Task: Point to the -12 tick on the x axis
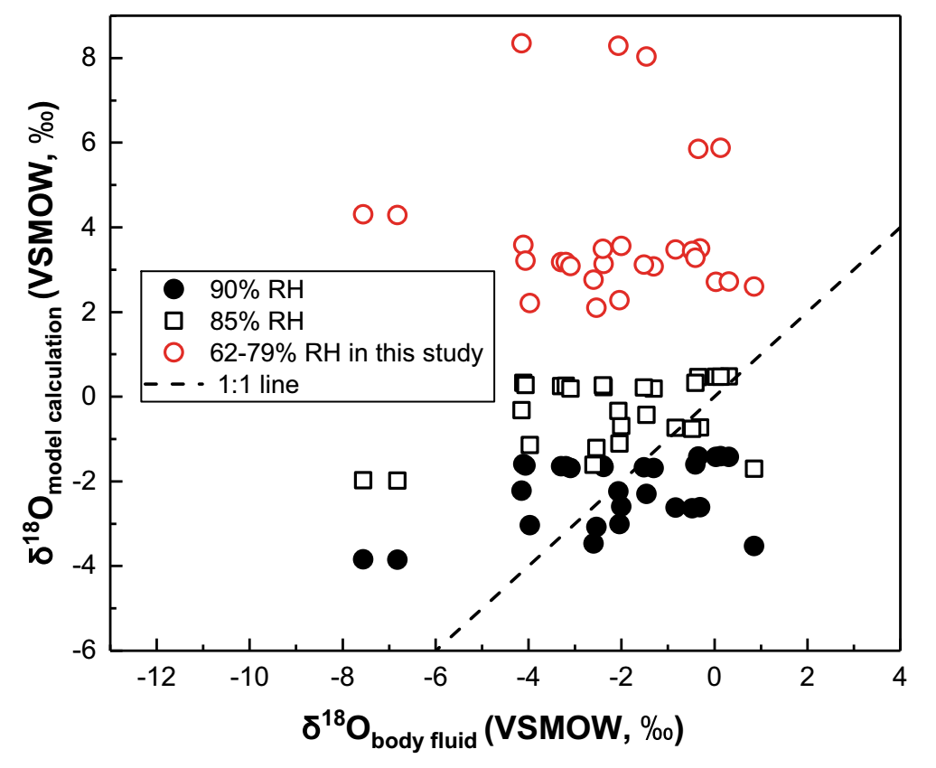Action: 157,677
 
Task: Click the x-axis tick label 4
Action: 900,677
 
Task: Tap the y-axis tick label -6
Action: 86,651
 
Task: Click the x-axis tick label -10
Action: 249,677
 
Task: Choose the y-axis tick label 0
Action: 90,397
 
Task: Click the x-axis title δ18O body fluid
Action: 492,730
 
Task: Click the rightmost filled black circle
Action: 753,546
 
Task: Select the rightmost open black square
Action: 753,468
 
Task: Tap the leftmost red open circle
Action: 363,214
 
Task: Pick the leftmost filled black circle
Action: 363,559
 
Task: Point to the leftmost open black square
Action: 363,480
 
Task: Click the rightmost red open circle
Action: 753,286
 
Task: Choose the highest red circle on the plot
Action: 521,43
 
